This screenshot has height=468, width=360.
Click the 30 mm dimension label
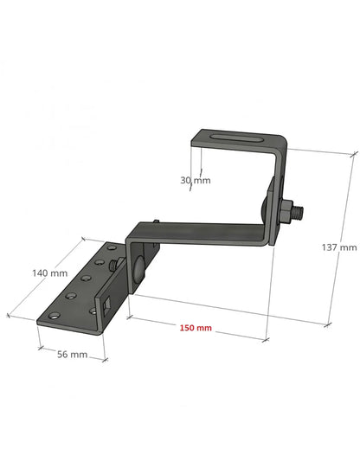click(195, 181)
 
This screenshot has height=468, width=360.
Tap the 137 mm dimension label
click(338, 247)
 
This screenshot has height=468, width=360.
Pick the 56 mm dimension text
click(73, 355)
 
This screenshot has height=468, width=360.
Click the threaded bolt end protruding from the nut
click(299, 208)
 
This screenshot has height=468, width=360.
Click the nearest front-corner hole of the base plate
click(56, 316)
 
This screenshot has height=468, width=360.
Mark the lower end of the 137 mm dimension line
click(328, 324)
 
